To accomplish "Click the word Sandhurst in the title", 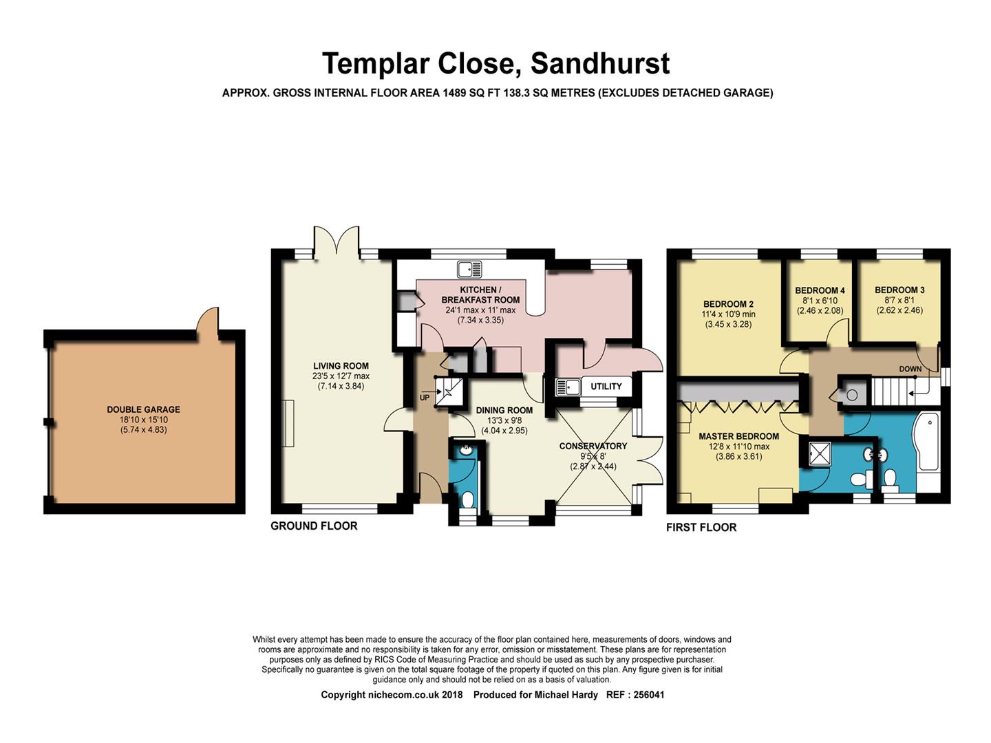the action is pos(600,63).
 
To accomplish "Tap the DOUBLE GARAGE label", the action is pos(143,409).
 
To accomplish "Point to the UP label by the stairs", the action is pos(425,398).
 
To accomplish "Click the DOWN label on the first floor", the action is pos(910,369).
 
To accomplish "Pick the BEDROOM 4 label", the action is pos(820,290).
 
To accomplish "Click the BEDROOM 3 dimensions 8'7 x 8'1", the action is pos(899,300).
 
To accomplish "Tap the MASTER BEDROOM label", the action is pos(738,436).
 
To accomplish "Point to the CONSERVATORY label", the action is pos(593,446).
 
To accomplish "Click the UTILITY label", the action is pos(606,387).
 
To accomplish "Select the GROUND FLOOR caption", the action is pos(314,526).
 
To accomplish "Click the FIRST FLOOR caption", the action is pos(701,527).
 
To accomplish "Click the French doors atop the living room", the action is pos(336,241).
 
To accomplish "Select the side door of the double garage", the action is pos(207,322).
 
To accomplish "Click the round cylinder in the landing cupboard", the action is pos(852,395).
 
